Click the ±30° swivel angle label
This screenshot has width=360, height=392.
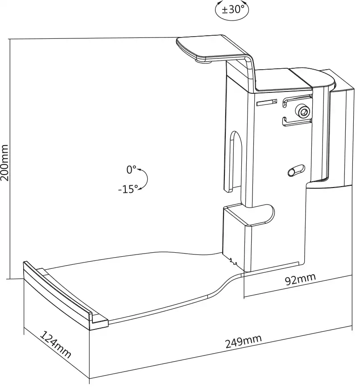(x=232, y=10)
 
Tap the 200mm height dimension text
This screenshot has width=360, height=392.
(x=4, y=163)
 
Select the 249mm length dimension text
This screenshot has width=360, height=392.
(x=244, y=341)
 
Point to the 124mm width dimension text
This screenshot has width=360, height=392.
(x=55, y=344)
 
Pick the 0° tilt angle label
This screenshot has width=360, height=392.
(x=132, y=170)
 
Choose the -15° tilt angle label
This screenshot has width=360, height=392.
(x=128, y=189)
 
